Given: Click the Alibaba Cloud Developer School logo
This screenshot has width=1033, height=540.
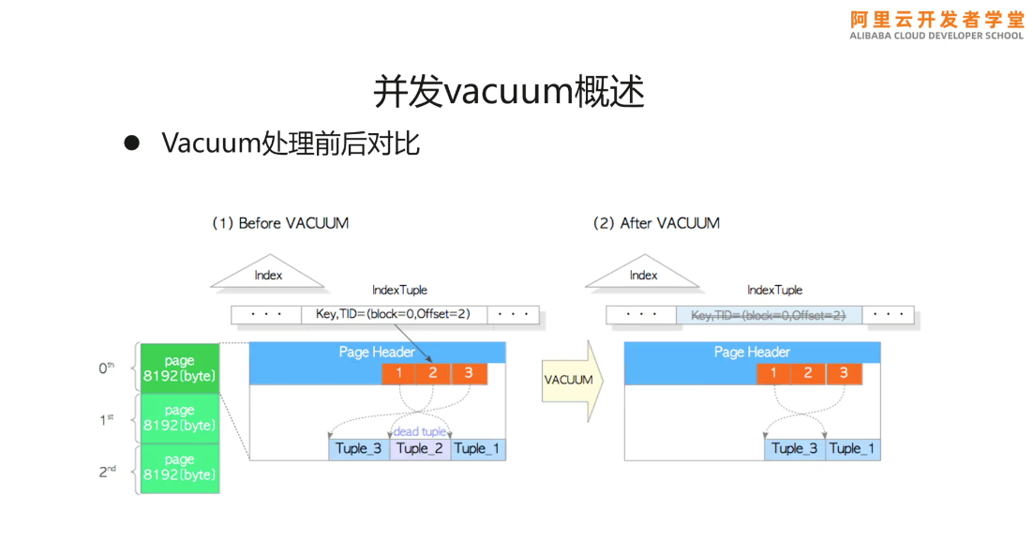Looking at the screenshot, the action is click(x=936, y=25).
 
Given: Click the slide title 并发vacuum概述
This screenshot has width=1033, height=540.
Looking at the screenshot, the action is click(x=509, y=91).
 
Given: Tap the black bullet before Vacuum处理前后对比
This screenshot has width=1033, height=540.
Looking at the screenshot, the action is click(x=132, y=142).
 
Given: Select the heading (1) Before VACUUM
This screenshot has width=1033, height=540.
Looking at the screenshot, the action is click(x=280, y=223).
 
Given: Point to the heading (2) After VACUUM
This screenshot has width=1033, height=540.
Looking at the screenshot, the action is click(x=656, y=223).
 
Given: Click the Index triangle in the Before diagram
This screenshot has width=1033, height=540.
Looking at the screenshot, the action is click(x=268, y=273).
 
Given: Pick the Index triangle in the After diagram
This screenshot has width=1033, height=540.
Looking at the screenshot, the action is click(x=643, y=273).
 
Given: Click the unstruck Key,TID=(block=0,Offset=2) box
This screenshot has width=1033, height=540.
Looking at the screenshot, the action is click(x=394, y=314).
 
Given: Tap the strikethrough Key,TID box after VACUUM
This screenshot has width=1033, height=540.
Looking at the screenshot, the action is click(x=769, y=315).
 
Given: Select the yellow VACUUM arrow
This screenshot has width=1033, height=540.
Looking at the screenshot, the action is click(x=572, y=380).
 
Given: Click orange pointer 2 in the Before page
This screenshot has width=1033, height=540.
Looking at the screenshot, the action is click(x=433, y=373).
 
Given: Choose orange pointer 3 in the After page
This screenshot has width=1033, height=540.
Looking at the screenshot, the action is click(x=844, y=373).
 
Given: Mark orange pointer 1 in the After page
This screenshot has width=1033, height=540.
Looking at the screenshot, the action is click(x=773, y=373).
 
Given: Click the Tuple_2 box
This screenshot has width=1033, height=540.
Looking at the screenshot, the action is click(x=420, y=449).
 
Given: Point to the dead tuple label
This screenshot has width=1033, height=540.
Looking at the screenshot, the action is click(x=420, y=431).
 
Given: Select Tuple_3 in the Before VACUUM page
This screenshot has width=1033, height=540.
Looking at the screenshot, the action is click(x=358, y=449).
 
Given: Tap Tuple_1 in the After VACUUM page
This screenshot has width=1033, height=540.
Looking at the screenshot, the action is click(x=852, y=449).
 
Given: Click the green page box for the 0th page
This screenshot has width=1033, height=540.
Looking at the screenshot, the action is click(x=180, y=368).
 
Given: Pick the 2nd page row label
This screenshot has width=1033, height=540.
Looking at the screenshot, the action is click(x=108, y=472).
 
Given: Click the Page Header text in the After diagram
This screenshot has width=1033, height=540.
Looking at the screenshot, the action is click(x=752, y=352).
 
